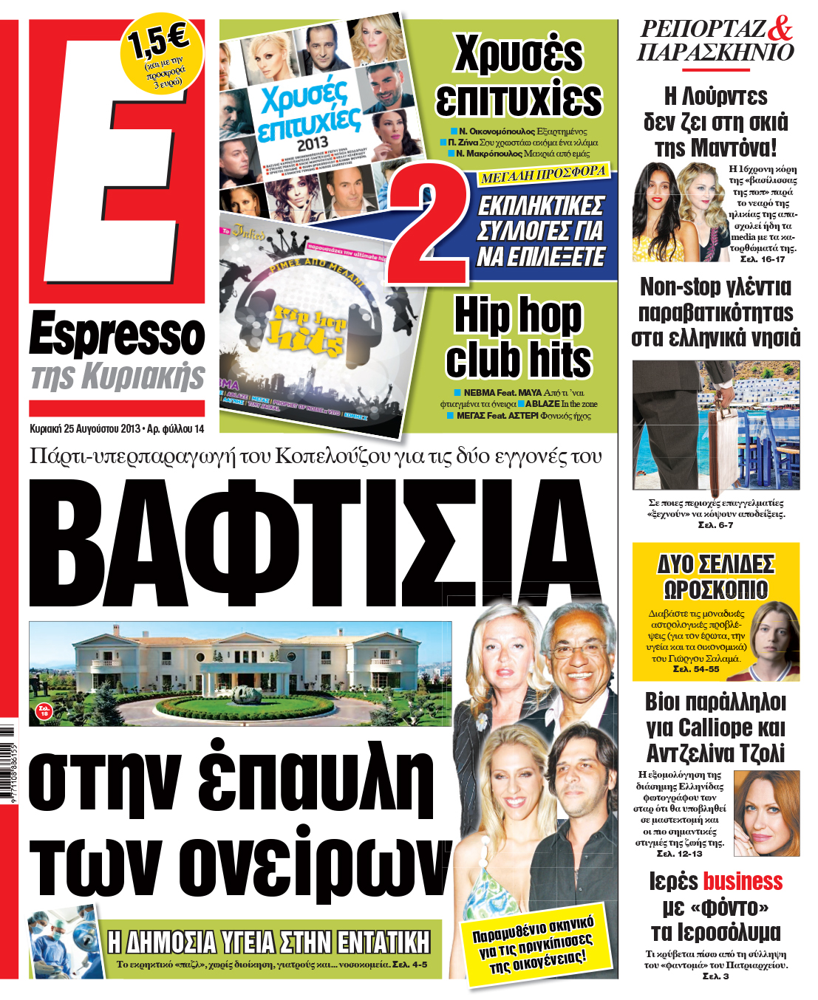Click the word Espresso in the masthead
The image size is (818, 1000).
(x=117, y=335)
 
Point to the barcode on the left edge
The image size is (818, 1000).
(x=7, y=768)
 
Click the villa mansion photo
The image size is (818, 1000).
(x=240, y=673)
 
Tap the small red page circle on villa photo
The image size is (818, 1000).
(x=44, y=710)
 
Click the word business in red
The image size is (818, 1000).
(x=742, y=881)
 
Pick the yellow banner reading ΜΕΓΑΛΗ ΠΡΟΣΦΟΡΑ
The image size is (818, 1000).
(x=542, y=175)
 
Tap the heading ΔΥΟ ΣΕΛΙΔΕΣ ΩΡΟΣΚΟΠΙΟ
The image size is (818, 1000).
(x=715, y=577)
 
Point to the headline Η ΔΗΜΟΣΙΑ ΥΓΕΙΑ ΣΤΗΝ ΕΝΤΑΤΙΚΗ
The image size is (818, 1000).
(x=268, y=942)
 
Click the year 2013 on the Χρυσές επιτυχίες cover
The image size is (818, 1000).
(x=312, y=143)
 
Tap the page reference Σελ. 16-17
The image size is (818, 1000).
(x=762, y=259)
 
